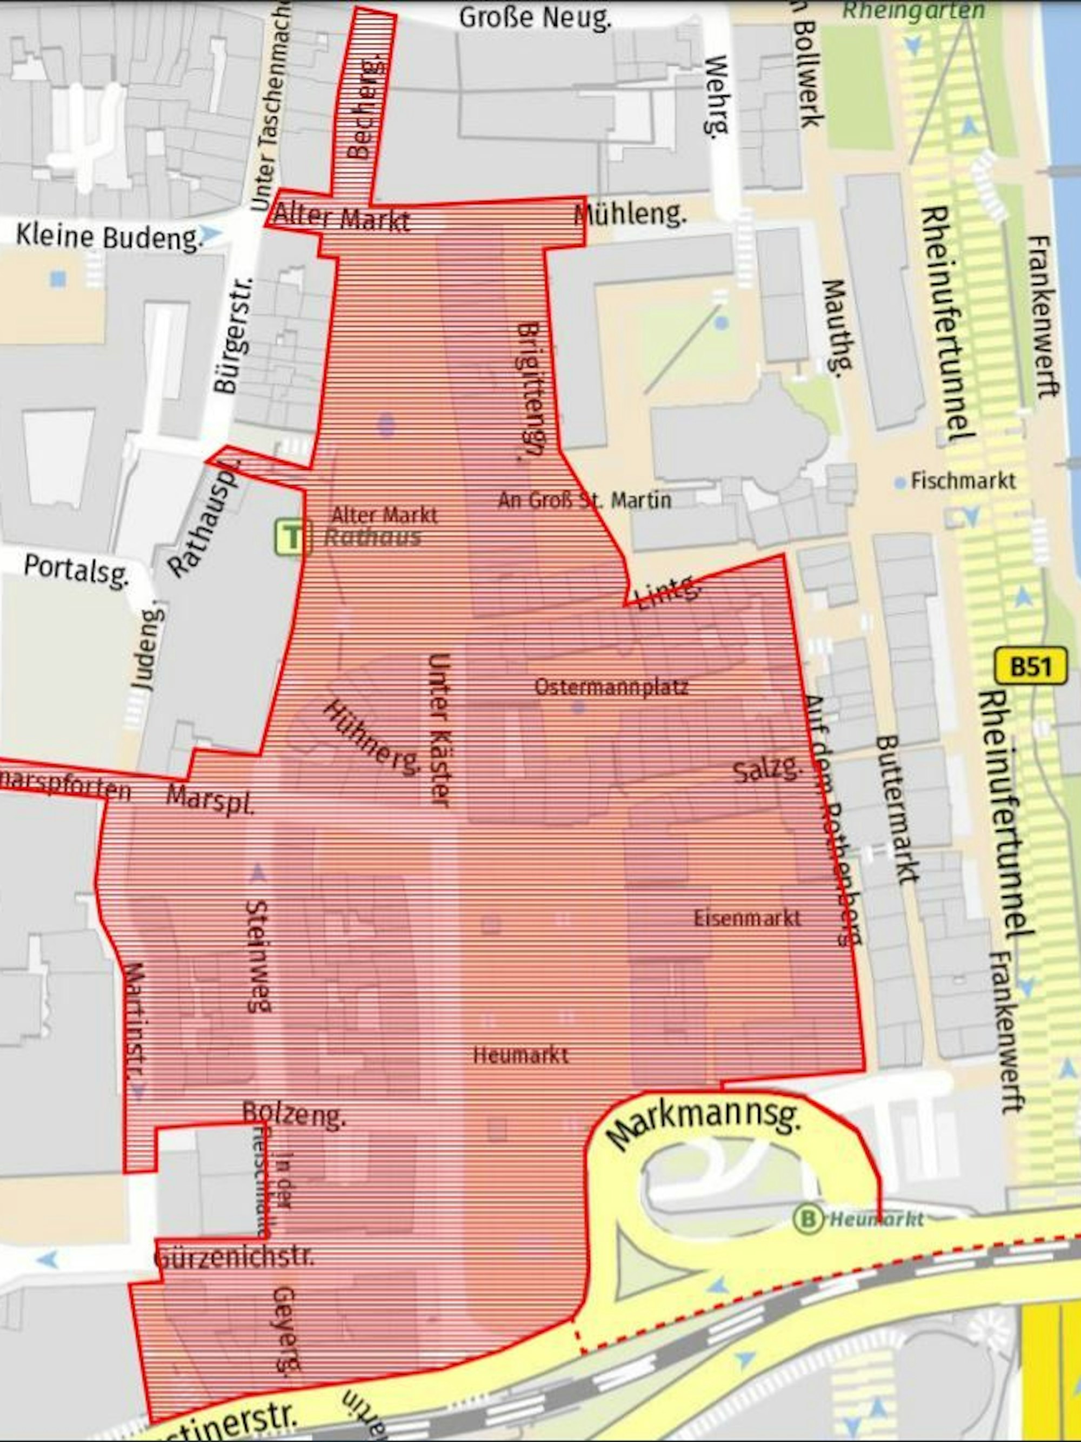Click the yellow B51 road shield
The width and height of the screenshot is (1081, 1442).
point(1031,667)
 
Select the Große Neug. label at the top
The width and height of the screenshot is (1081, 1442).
point(535,18)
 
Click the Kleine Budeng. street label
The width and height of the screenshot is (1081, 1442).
point(108,237)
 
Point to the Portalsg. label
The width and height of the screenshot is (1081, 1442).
point(76,571)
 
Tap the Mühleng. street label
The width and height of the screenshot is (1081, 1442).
point(630,214)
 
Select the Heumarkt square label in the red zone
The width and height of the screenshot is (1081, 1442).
point(520,1055)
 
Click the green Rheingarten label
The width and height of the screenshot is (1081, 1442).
point(912,10)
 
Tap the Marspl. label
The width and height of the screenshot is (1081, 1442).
point(209,799)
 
